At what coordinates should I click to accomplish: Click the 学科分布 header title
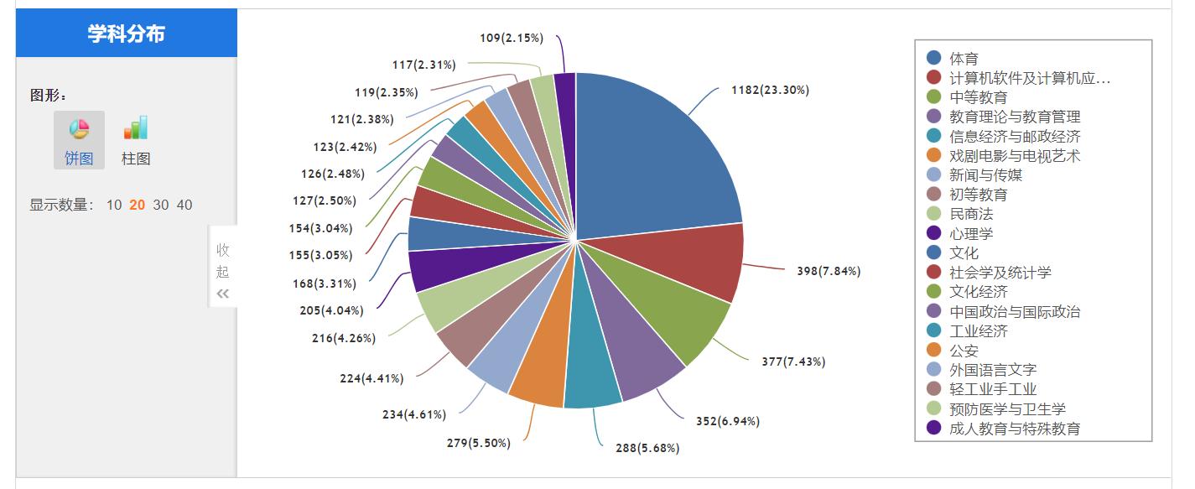pos(127,34)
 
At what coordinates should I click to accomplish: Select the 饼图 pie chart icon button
pos(79,139)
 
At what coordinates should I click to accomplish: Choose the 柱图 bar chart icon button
pos(136,139)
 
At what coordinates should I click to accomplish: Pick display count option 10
pos(114,205)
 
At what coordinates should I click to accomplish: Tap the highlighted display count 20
pos(138,205)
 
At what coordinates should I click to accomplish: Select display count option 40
pos(184,205)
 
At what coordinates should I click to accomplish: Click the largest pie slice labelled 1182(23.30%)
pos(654,151)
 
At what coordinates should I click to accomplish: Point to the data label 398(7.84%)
pos(829,271)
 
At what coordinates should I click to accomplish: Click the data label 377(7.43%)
pos(793,362)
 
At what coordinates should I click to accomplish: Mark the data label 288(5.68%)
pos(647,448)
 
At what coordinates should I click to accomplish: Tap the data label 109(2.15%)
pos(512,38)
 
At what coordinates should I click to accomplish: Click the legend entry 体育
pos(964,59)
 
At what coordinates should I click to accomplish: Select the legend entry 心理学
pos(971,233)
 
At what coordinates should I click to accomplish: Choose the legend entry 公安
pos(964,351)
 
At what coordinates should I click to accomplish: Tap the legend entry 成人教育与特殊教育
pos(1015,429)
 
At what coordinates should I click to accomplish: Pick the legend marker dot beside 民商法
pos(933,214)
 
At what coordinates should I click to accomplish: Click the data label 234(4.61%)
pos(414,414)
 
